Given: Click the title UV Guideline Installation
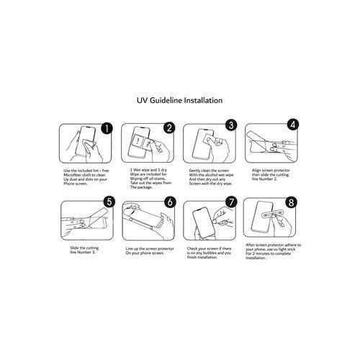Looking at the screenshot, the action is [x=179, y=100].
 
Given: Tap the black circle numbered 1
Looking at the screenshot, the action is [x=107, y=128].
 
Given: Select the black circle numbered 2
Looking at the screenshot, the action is [x=169, y=127].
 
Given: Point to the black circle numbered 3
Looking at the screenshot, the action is [x=231, y=125].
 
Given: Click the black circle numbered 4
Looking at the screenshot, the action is [x=293, y=125].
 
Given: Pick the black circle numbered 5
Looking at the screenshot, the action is [x=109, y=202].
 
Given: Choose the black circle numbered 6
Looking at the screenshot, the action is [x=170, y=202].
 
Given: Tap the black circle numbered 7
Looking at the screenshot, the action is [x=231, y=202].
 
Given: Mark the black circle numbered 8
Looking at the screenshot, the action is [x=291, y=202].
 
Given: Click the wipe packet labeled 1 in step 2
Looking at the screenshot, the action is [x=138, y=140].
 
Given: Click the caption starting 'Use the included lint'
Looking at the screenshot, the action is [x=86, y=177].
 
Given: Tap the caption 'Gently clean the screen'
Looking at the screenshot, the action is [x=211, y=177].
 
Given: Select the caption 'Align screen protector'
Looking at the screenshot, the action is [x=271, y=175].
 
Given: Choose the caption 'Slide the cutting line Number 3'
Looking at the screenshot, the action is [x=84, y=250].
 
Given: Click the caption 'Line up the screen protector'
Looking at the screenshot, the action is [x=150, y=251].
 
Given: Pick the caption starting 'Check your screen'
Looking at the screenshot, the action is [x=209, y=253].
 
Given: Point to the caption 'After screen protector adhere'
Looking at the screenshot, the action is [x=273, y=251].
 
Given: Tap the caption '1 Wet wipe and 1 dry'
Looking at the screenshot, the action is [x=150, y=179].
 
